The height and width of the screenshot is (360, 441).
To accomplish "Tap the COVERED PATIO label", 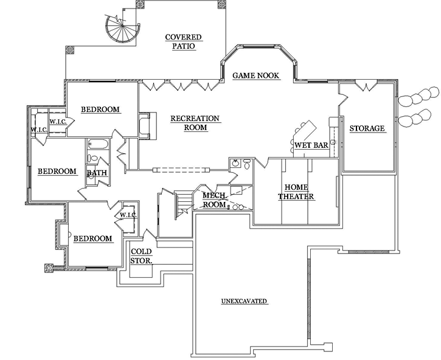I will click(183, 41).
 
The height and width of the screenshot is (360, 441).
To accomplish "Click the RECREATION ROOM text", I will click(195, 123).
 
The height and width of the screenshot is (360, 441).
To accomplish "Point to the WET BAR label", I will click(311, 146).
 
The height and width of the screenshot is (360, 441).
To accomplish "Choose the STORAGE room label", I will click(367, 128).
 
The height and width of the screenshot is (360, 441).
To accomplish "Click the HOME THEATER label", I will click(296, 192).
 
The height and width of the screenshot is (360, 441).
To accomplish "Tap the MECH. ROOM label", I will click(214, 199).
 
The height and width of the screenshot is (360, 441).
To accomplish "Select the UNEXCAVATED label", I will click(245, 301).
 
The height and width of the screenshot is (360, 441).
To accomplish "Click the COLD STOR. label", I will click(141, 256).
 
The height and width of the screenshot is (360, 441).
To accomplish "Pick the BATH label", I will click(97, 173).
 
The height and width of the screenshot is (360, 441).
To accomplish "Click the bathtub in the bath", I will click(98, 145).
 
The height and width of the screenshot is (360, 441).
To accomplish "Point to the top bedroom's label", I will click(100, 109).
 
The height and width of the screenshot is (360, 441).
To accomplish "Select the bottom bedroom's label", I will click(92, 238).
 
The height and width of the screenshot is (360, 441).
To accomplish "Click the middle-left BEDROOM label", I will click(57, 171).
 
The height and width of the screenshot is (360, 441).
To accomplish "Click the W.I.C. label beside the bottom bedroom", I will click(128, 215).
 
